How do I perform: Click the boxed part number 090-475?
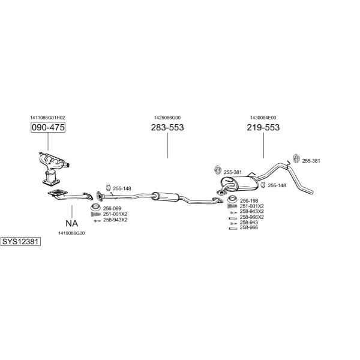48,127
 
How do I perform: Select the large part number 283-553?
167,127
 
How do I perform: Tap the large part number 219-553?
263,127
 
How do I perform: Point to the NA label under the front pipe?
71,223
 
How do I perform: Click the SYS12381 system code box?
20,242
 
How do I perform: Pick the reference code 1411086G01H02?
47,118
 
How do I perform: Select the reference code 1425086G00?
167,118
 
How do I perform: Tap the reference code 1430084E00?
263,118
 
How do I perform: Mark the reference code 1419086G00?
71,233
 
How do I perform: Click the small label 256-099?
112,208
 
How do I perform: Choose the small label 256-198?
249,200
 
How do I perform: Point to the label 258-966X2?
251,217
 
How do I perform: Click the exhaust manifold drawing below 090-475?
53,167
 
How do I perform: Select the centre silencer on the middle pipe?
166,197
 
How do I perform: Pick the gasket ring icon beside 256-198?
232,200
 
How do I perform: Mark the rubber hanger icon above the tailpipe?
296,158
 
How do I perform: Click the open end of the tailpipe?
312,192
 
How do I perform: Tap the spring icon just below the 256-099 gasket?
96,214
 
